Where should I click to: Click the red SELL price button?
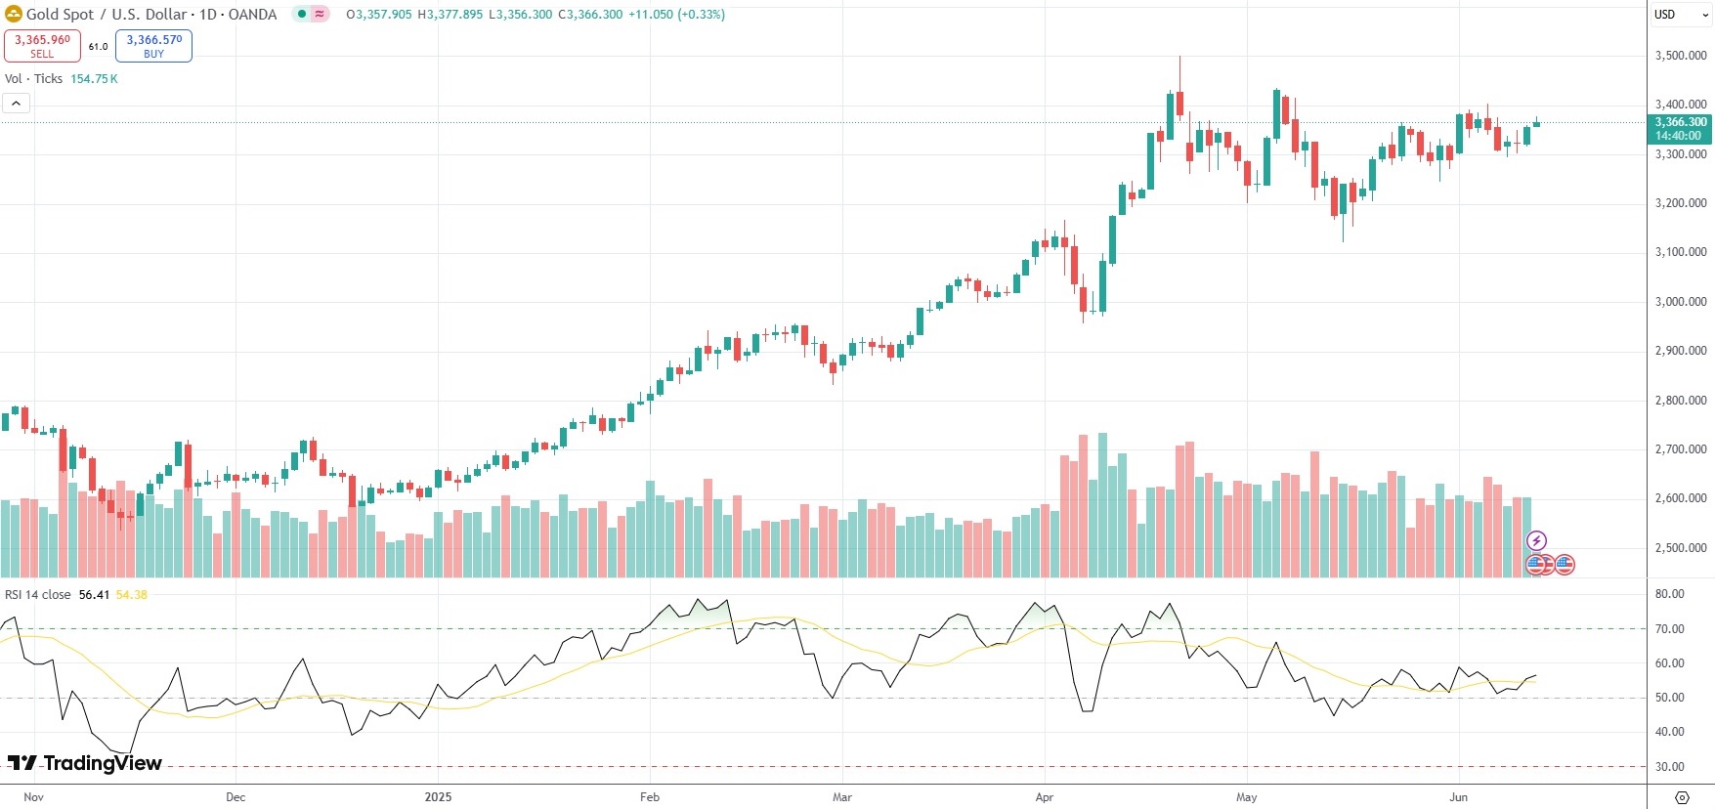point(42,46)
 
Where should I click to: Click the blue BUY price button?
point(153,46)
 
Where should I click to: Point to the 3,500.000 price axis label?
point(1681,56)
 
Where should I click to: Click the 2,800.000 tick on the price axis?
point(1681,401)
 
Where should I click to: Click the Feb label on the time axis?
point(650,797)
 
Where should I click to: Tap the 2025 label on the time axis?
point(438,797)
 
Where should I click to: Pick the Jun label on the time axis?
point(1458,797)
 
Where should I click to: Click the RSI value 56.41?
point(94,595)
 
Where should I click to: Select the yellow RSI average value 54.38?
point(131,595)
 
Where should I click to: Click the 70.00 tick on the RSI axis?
point(1669,629)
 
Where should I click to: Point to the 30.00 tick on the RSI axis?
point(1669,767)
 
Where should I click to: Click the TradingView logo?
point(85,763)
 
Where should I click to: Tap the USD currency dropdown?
point(1679,15)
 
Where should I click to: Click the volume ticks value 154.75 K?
point(94,79)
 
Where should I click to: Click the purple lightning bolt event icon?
point(1536,541)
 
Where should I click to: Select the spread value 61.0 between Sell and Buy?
point(98,47)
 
